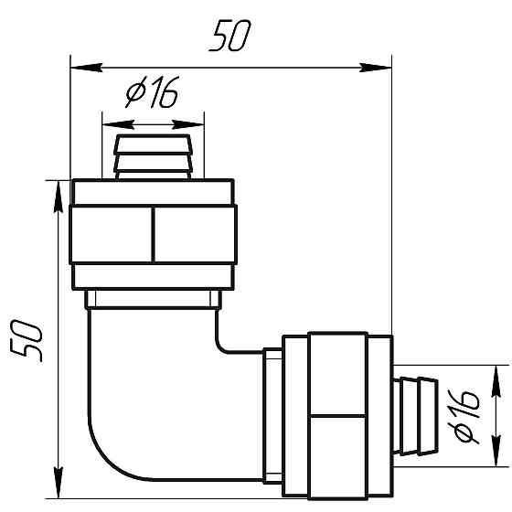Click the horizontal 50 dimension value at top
pos(229,39)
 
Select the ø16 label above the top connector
pos(151,94)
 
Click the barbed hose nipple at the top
pos(153,156)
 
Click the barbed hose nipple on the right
pos(417,412)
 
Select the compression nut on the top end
pos(153,233)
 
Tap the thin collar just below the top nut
pos(153,300)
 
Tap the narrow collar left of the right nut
pos(272,412)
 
